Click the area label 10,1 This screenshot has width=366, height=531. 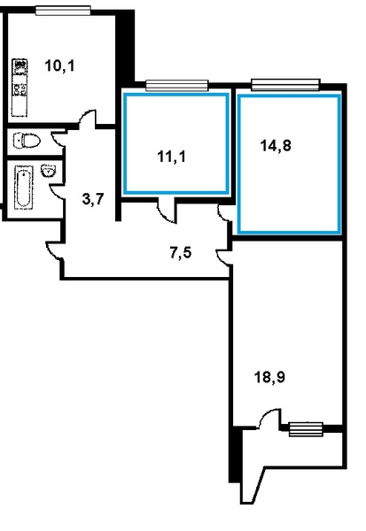tap(59, 65)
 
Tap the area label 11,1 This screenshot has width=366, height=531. tap(172, 157)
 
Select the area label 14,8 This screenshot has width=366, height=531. tap(276, 146)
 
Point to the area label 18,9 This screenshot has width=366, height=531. tap(269, 377)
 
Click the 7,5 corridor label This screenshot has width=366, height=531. tap(181, 252)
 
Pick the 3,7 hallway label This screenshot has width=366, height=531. tap(93, 199)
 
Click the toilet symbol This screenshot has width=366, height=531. tap(27, 140)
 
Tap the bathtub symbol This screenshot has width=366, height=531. tap(23, 188)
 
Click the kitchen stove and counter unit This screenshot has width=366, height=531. tap(19, 88)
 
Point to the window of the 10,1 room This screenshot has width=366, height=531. tap(63, 11)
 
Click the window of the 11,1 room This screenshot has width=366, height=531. tap(176, 85)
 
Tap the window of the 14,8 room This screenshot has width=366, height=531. tap(285, 85)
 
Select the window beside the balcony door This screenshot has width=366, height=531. tap(306, 429)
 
